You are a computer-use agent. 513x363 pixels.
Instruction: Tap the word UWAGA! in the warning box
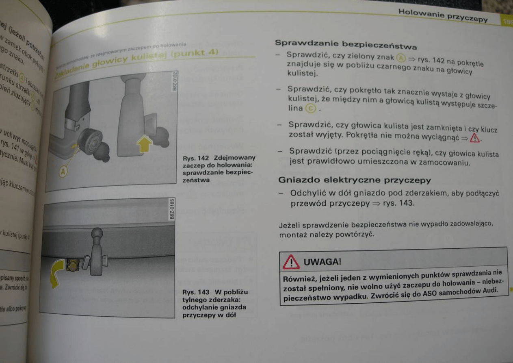coord(323,262)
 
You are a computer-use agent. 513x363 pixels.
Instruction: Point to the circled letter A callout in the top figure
coord(63,172)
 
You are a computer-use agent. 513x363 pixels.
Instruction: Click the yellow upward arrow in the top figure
coord(145,144)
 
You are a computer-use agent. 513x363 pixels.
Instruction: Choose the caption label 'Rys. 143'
coord(195,292)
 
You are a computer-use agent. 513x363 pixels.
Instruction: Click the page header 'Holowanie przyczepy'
coord(443,15)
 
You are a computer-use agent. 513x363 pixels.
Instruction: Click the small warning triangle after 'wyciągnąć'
coord(474,139)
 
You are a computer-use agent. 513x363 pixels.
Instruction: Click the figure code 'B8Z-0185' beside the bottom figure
coord(172,210)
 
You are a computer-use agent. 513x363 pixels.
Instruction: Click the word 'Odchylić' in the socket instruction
coord(305,193)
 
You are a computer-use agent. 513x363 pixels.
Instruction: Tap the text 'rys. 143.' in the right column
coord(399,203)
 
